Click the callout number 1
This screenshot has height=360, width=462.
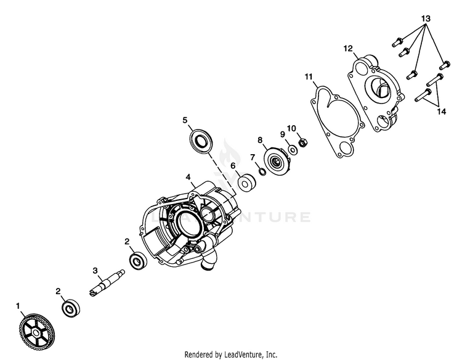click(18, 306)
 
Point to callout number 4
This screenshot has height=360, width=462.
click(188, 176)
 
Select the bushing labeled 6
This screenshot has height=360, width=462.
click(248, 183)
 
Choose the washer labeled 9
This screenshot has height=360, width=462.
click(293, 150)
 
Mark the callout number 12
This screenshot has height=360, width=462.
click(348, 47)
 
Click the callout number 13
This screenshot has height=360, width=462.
click(425, 19)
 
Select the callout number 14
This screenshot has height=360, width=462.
click(441, 112)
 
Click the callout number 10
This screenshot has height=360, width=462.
click(291, 128)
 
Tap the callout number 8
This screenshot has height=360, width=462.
click(261, 140)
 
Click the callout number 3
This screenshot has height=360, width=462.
click(95, 270)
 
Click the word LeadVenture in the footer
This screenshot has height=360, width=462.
click(248, 354)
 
